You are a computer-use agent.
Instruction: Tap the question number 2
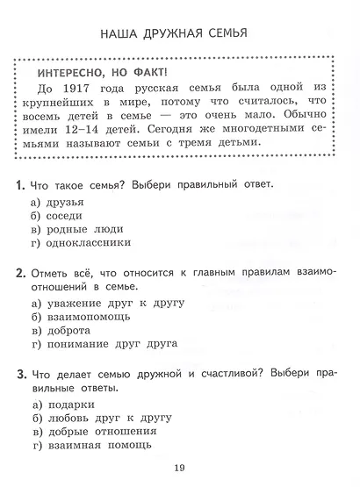click(x=19, y=273)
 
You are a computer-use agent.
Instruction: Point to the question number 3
click(x=19, y=375)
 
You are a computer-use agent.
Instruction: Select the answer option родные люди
click(x=85, y=230)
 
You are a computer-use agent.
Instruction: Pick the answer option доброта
click(x=77, y=331)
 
